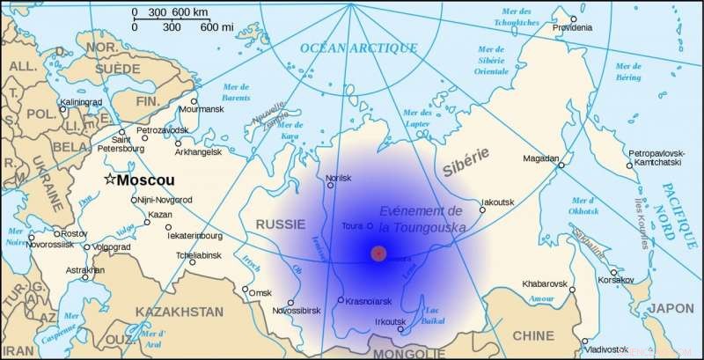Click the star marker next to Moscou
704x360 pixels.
tap(109, 179)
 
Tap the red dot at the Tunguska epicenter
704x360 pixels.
tap(378, 253)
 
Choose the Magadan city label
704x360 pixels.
tap(541, 158)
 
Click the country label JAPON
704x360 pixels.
tap(671, 308)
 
